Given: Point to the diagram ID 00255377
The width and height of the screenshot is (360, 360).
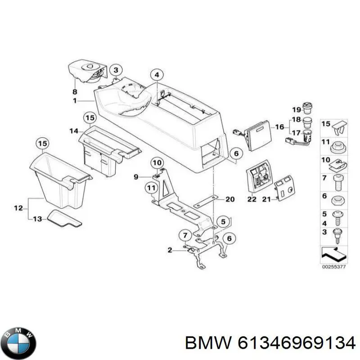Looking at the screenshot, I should point(333,267).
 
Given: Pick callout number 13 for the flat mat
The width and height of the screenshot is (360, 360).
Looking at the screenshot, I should point(37,219).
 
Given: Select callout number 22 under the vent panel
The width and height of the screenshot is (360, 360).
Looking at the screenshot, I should point(252,199).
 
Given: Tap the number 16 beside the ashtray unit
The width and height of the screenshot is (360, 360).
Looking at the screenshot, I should point(279,127).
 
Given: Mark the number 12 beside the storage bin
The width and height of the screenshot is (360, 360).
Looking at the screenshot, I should point(18,208).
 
